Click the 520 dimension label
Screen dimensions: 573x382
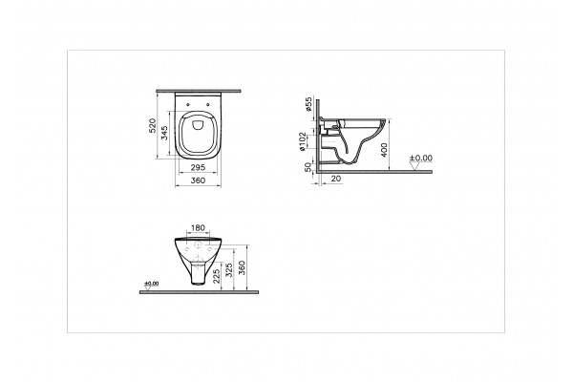153,126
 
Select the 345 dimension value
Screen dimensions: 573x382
164,133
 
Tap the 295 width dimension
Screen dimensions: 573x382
198,167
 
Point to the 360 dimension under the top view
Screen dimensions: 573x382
198,180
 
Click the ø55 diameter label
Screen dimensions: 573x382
308,104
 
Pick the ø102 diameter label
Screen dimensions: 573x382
302,141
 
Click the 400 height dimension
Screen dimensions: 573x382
384,150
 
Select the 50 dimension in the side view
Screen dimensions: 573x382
308,167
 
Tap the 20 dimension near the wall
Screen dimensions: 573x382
336,179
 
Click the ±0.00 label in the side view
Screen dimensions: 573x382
420,158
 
